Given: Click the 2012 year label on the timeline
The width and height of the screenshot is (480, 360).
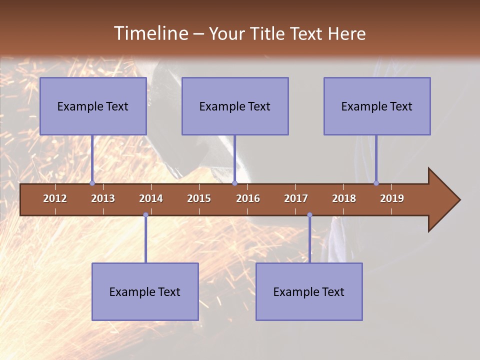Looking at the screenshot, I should [55, 198].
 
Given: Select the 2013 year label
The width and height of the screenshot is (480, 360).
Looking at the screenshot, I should [103, 198].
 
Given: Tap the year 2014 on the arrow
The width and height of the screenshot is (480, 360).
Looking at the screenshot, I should [151, 198].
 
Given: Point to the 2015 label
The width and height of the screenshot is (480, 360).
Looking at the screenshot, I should [199, 198].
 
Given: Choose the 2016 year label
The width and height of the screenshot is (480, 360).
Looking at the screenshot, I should [248, 198].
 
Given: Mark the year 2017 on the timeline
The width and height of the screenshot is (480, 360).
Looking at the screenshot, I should [296, 198].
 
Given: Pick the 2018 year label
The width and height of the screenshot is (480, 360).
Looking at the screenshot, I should [344, 198].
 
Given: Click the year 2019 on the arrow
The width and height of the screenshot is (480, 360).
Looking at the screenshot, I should [392, 198].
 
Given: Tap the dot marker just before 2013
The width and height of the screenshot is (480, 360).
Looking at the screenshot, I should [92, 183].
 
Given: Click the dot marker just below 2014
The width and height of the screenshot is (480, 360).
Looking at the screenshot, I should [145, 215].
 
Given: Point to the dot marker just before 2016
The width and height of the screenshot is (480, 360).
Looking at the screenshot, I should [234, 183].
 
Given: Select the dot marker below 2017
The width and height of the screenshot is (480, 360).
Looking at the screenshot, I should [309, 215].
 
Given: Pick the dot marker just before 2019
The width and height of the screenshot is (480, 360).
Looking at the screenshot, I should [376, 183].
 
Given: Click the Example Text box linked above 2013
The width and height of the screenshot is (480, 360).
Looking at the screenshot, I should [93, 106].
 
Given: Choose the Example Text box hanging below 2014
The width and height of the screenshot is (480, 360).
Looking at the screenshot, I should [145, 291].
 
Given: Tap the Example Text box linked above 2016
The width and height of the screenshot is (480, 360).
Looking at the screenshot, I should [235, 106].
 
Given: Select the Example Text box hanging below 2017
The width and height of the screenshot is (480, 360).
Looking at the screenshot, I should [309, 291].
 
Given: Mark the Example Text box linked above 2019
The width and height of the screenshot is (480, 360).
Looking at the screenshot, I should [377, 106].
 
